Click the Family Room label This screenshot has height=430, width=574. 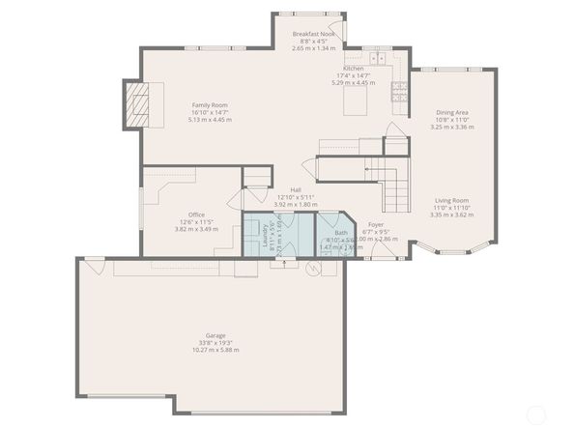point(209,104)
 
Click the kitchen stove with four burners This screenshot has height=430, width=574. point(398,92)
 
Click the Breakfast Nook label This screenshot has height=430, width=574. point(314,34)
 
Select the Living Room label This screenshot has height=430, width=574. point(450,201)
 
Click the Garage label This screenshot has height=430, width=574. point(215,335)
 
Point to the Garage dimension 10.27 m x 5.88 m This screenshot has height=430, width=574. point(215,350)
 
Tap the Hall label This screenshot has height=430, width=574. point(295,190)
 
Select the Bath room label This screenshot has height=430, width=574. point(340,233)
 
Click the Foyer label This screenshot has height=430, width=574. point(376,224)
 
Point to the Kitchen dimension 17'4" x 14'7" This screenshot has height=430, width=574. point(353,75)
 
